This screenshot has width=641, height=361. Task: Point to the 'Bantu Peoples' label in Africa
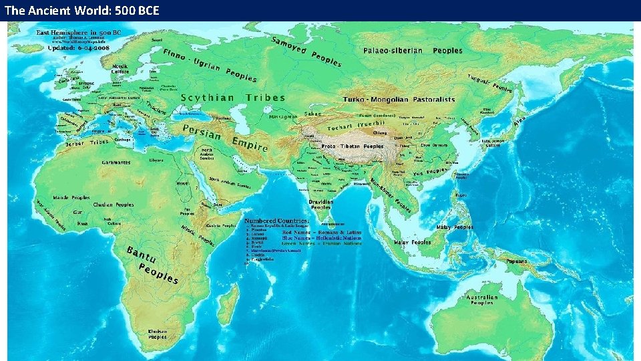(x=152, y=263)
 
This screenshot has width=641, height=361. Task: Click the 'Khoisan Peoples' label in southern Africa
(x=158, y=334)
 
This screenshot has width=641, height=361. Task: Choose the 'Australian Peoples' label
(x=483, y=299)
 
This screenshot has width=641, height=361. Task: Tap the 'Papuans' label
(x=517, y=261)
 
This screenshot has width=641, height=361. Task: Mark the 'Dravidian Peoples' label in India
(x=320, y=205)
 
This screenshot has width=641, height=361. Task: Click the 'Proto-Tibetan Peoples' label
(x=353, y=146)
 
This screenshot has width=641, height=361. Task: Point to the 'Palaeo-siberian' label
(x=393, y=51)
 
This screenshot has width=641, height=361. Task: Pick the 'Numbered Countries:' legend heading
(x=276, y=220)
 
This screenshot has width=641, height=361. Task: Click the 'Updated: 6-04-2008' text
(x=83, y=49)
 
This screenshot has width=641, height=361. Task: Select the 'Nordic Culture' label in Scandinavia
(x=120, y=69)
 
